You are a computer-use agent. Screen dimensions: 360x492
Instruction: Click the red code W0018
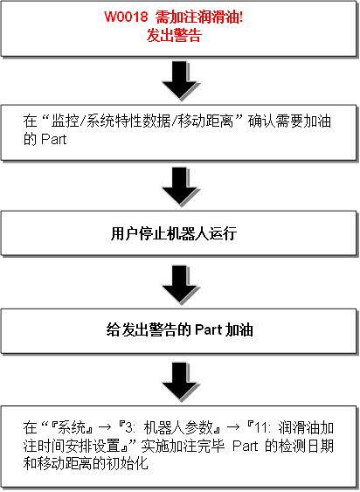tap(126, 17)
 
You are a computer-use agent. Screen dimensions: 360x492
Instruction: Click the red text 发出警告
tap(174, 36)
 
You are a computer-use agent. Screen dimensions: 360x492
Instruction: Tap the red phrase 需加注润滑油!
tap(199, 17)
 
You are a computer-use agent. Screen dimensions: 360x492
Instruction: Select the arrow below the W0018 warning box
tap(180, 80)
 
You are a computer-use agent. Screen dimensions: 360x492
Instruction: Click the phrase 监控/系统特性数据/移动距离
tap(142, 121)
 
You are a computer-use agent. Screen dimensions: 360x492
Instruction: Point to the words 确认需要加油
tap(289, 121)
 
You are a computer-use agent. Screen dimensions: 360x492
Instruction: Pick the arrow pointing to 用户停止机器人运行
tap(180, 186)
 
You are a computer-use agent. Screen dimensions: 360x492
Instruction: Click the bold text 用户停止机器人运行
tap(174, 233)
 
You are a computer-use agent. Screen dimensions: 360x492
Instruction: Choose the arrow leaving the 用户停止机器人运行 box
tap(180, 285)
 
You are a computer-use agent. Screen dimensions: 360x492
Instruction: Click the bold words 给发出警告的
tap(149, 330)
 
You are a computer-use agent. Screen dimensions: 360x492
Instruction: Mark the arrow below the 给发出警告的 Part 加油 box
tap(180, 382)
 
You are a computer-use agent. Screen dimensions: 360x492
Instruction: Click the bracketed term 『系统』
tap(72, 427)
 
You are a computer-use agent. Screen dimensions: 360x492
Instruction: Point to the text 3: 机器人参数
tap(169, 427)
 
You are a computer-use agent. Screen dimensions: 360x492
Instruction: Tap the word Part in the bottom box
tap(246, 446)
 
